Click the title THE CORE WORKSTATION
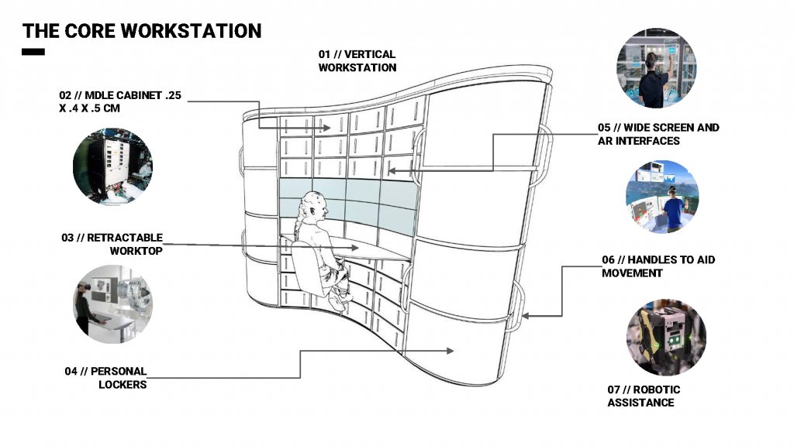[x=142, y=31]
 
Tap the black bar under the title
[x=33, y=53]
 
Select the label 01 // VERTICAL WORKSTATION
[x=357, y=61]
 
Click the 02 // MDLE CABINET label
[x=116, y=101]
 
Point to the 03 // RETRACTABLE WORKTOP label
[x=112, y=244]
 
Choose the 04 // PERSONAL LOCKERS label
[x=106, y=378]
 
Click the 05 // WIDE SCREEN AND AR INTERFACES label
[x=658, y=134]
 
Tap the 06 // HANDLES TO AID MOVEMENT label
[x=658, y=266]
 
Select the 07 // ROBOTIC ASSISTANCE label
[x=644, y=396]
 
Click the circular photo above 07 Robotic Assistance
[x=666, y=338]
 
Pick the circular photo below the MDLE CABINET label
[x=112, y=166]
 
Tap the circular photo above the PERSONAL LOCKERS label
[x=112, y=304]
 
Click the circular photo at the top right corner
[x=656, y=69]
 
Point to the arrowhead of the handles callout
[x=525, y=316]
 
